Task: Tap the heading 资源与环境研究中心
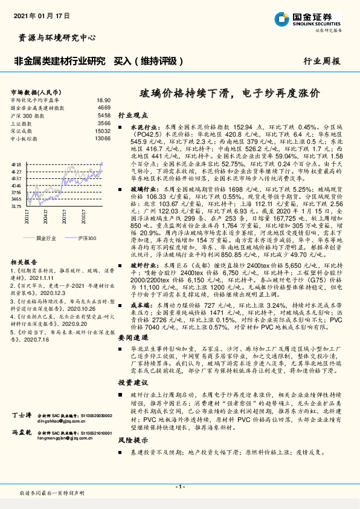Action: [x=54, y=37]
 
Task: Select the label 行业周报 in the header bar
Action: [x=321, y=62]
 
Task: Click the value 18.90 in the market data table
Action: [x=104, y=100]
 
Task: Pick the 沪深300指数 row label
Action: [x=27, y=114]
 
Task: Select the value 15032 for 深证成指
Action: [x=103, y=131]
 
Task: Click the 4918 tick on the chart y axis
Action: [x=16, y=164]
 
